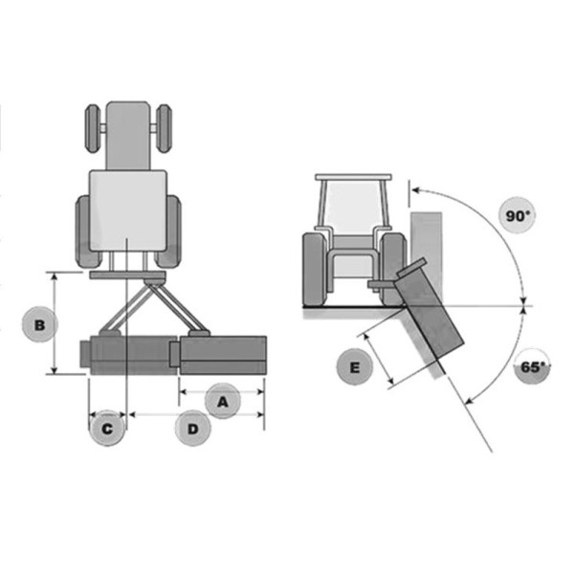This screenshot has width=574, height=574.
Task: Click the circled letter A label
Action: (x=223, y=401)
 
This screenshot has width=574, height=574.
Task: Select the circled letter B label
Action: (x=39, y=324)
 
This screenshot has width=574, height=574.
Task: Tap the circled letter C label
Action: (x=107, y=429)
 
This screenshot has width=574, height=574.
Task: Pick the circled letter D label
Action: (x=193, y=429)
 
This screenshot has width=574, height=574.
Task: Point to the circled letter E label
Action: (x=354, y=366)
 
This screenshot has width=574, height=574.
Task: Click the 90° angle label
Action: (x=517, y=216)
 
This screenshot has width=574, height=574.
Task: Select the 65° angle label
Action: (x=532, y=366)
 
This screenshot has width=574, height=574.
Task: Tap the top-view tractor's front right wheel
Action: (x=164, y=128)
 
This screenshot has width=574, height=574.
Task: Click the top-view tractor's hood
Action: (x=128, y=136)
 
